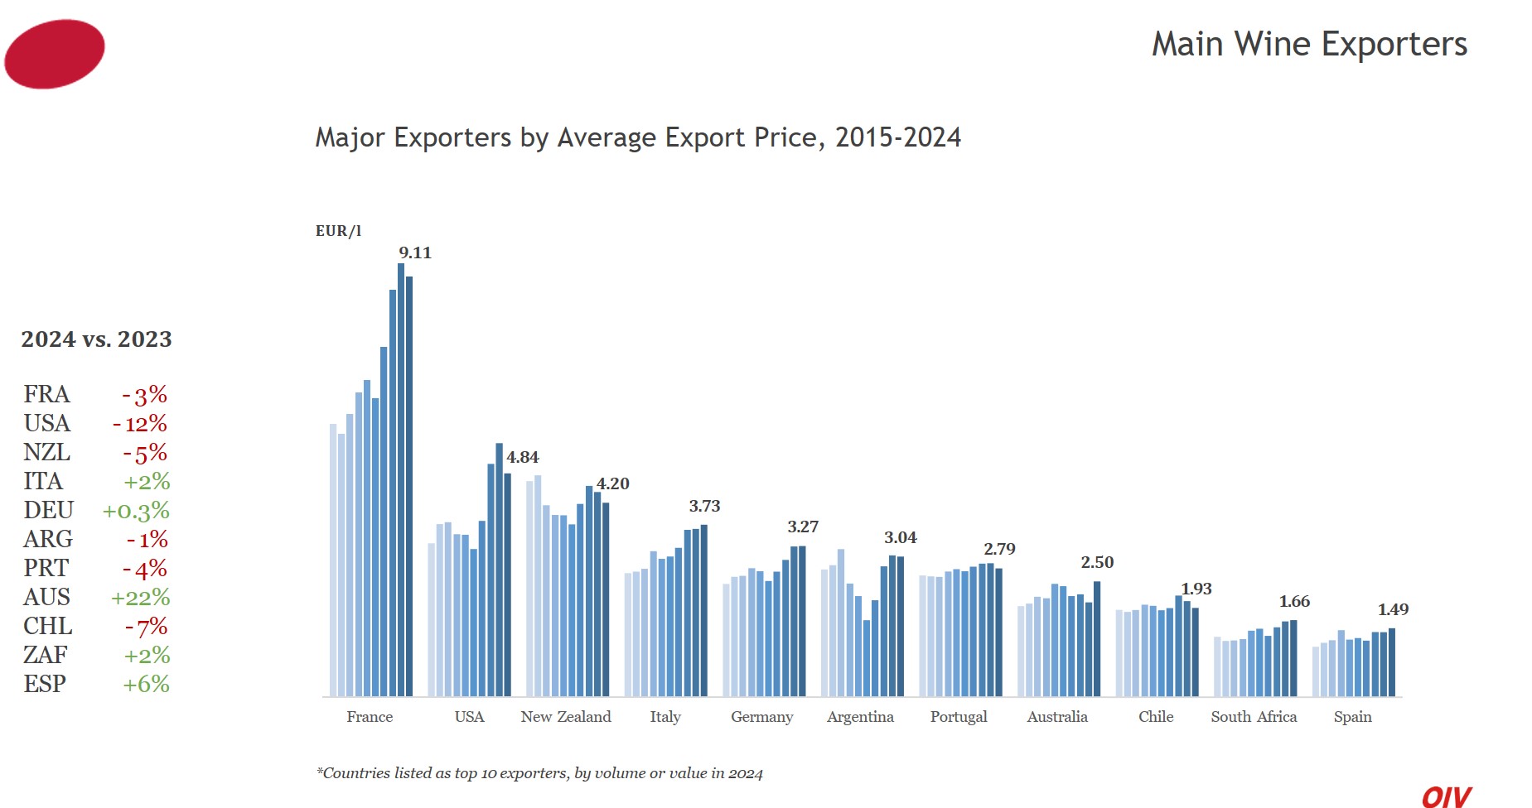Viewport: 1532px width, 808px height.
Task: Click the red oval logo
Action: point(55,54)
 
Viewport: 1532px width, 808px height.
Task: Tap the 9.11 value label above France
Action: point(415,253)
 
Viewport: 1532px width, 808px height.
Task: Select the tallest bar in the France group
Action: point(401,480)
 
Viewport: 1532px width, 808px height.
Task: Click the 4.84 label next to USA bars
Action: point(523,458)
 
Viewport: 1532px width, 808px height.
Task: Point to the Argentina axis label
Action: point(860,717)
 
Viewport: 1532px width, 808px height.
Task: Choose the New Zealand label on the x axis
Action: point(566,717)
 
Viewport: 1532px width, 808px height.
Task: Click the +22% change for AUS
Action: point(141,598)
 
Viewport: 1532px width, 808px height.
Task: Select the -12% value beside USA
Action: point(140,424)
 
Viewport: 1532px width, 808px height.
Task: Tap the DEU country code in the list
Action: point(49,511)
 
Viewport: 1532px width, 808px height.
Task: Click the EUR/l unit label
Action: point(338,231)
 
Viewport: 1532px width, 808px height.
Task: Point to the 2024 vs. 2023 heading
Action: point(96,339)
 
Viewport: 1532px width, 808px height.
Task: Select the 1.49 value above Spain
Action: point(1393,610)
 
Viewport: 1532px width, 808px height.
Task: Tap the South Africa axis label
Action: point(1254,717)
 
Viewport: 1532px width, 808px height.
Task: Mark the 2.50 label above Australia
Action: point(1097,563)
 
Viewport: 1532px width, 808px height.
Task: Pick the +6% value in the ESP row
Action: point(146,685)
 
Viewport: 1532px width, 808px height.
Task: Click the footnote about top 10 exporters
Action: point(539,773)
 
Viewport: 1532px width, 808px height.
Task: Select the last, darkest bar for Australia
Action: point(1097,638)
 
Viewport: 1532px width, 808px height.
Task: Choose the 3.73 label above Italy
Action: point(704,507)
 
